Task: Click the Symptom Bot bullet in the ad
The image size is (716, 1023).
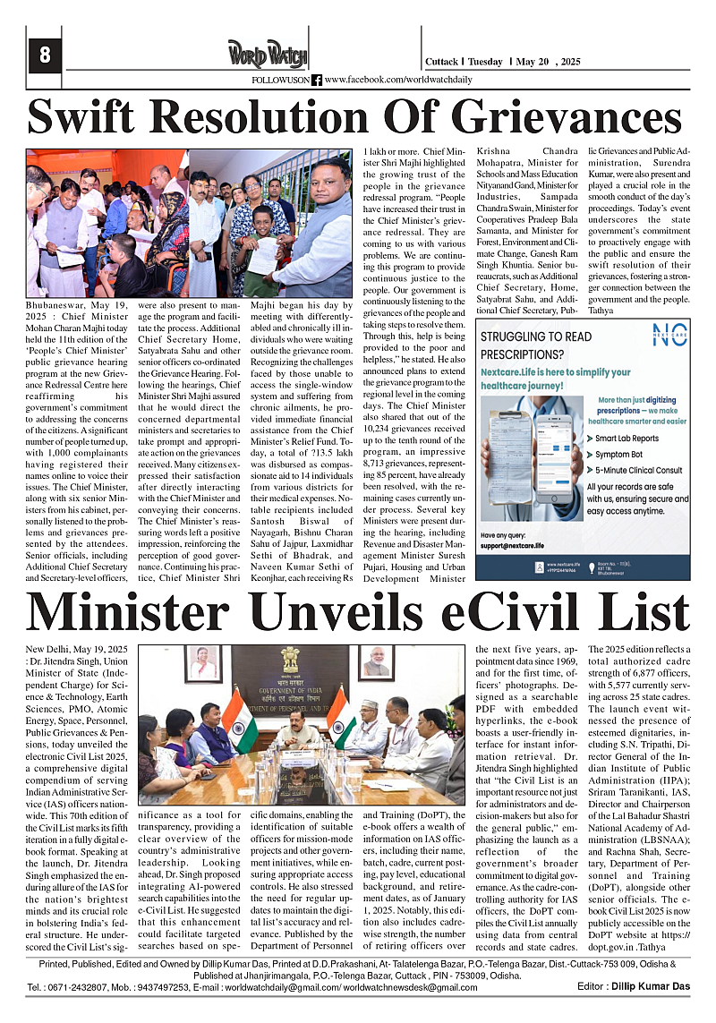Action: [618, 455]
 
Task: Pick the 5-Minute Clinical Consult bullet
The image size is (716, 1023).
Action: [638, 471]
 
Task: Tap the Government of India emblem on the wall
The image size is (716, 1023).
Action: [289, 661]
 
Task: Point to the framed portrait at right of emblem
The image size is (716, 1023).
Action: [377, 661]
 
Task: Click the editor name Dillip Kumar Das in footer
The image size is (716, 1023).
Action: [658, 986]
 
